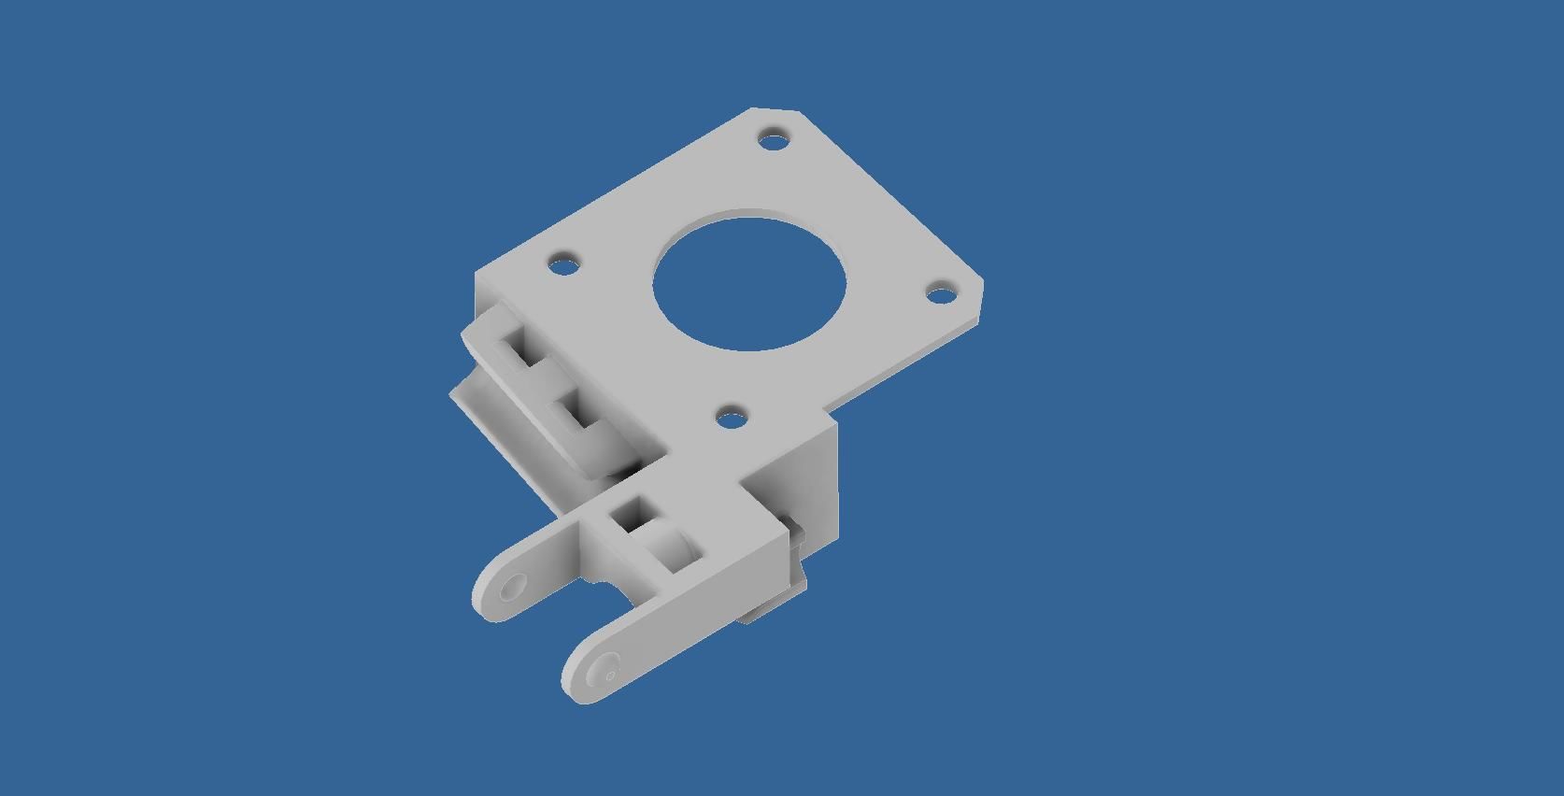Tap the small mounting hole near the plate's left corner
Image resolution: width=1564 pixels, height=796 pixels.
pos(563,263)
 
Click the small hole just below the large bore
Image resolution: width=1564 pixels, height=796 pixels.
pos(733,414)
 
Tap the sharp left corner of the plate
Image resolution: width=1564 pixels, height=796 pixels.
pos(477,278)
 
